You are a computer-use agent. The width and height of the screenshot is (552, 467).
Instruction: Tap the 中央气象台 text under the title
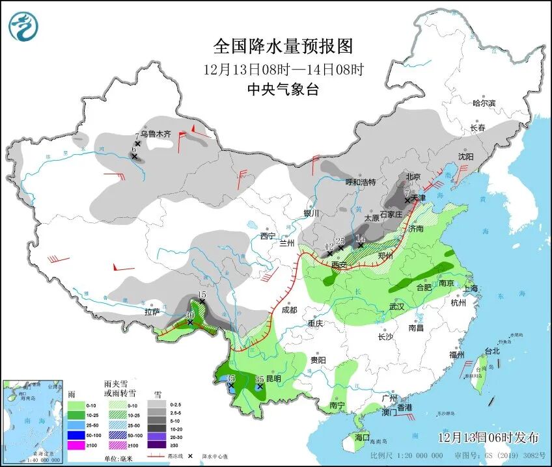[x=283, y=90]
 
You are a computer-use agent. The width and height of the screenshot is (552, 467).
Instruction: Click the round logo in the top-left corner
[x=23, y=27]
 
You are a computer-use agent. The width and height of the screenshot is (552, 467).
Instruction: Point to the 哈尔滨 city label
[x=484, y=103]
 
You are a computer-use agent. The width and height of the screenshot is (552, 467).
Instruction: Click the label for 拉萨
[x=151, y=312]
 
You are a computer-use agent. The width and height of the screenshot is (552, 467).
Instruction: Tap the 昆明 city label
[x=273, y=379]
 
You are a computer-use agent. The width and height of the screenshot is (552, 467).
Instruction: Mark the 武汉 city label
[x=396, y=306]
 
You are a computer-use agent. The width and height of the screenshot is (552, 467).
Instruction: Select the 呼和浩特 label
[x=360, y=182]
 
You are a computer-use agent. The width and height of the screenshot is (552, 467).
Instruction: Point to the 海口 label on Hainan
[x=361, y=438]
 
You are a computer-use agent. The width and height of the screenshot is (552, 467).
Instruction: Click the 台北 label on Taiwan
[x=491, y=351]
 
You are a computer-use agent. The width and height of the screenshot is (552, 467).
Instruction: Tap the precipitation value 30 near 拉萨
[x=190, y=315]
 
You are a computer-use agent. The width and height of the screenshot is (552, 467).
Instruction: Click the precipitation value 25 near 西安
[x=340, y=241]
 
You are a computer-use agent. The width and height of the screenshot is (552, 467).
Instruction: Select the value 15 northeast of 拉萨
[x=202, y=295]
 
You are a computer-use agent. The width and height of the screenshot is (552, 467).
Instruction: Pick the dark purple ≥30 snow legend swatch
[x=156, y=445]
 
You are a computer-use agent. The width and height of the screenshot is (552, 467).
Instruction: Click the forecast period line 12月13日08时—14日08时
[x=283, y=68]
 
